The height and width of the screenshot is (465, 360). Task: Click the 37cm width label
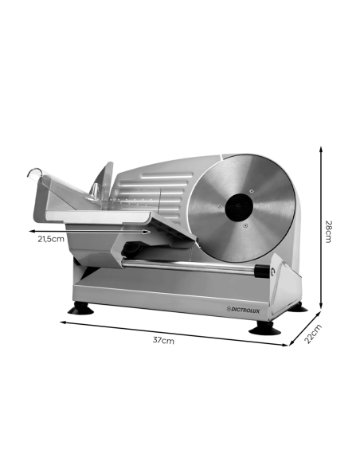click(x=163, y=340)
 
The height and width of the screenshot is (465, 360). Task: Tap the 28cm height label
click(x=328, y=232)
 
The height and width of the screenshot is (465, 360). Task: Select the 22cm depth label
click(x=314, y=334)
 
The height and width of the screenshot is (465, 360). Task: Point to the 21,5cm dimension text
click(x=50, y=238)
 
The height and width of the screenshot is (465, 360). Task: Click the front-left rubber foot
click(x=80, y=310)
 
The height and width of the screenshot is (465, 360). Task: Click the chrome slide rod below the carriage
click(x=199, y=265)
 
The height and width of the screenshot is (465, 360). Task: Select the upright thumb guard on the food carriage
click(x=103, y=179)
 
